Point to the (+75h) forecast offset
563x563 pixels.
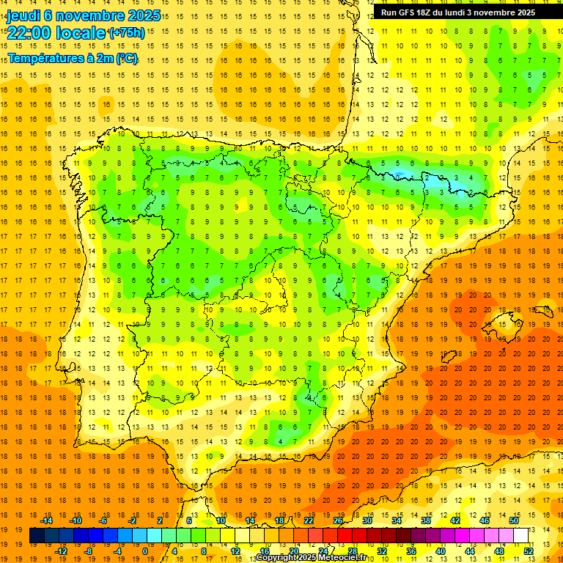(127, 33)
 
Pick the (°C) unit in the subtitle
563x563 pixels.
(125, 58)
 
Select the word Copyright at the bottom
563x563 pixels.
(276, 558)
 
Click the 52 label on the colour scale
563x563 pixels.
(529, 551)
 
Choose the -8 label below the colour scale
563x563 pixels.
(89, 551)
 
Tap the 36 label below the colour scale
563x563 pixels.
(411, 551)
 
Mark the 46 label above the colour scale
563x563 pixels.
(484, 520)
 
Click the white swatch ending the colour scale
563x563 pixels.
(521, 536)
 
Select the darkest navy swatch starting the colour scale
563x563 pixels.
(37, 536)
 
